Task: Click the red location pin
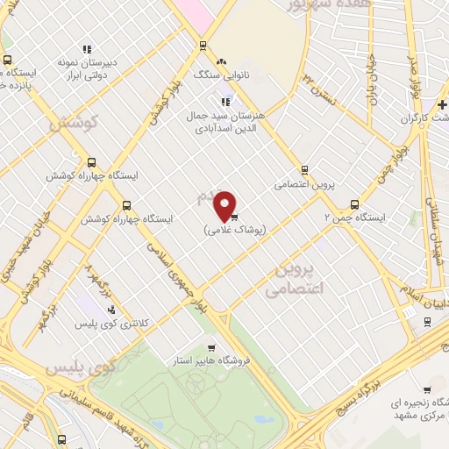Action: point(226,205)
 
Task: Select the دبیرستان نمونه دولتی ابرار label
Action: point(88,69)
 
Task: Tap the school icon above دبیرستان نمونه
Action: point(86,49)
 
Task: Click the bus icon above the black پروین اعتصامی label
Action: point(304,169)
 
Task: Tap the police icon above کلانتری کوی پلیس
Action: point(111,310)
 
